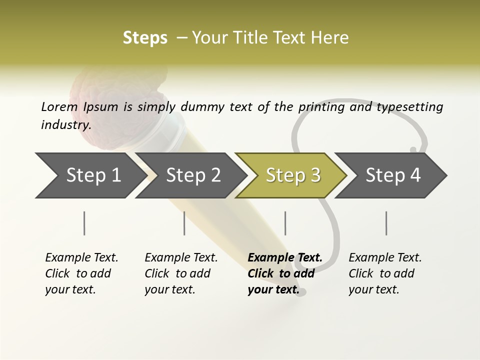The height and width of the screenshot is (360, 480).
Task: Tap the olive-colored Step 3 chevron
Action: (x=292, y=175)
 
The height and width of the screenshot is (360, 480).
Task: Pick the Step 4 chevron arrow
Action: (x=392, y=175)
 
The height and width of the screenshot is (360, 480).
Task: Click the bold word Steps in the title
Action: (x=145, y=38)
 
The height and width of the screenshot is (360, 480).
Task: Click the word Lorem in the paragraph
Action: (x=59, y=107)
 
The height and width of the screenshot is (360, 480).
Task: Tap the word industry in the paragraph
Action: (x=65, y=125)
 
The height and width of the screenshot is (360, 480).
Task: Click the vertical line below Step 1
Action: (x=84, y=223)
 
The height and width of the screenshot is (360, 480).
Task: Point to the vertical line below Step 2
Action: (x=184, y=223)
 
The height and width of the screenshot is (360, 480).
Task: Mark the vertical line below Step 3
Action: (x=285, y=223)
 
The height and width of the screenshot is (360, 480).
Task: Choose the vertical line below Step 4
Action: (x=386, y=223)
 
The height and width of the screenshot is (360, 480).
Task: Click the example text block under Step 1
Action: (x=81, y=273)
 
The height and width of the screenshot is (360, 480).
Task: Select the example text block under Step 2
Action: (x=181, y=273)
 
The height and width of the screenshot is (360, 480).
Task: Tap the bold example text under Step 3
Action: (x=284, y=273)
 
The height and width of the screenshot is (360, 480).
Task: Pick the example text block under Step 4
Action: (x=385, y=273)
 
